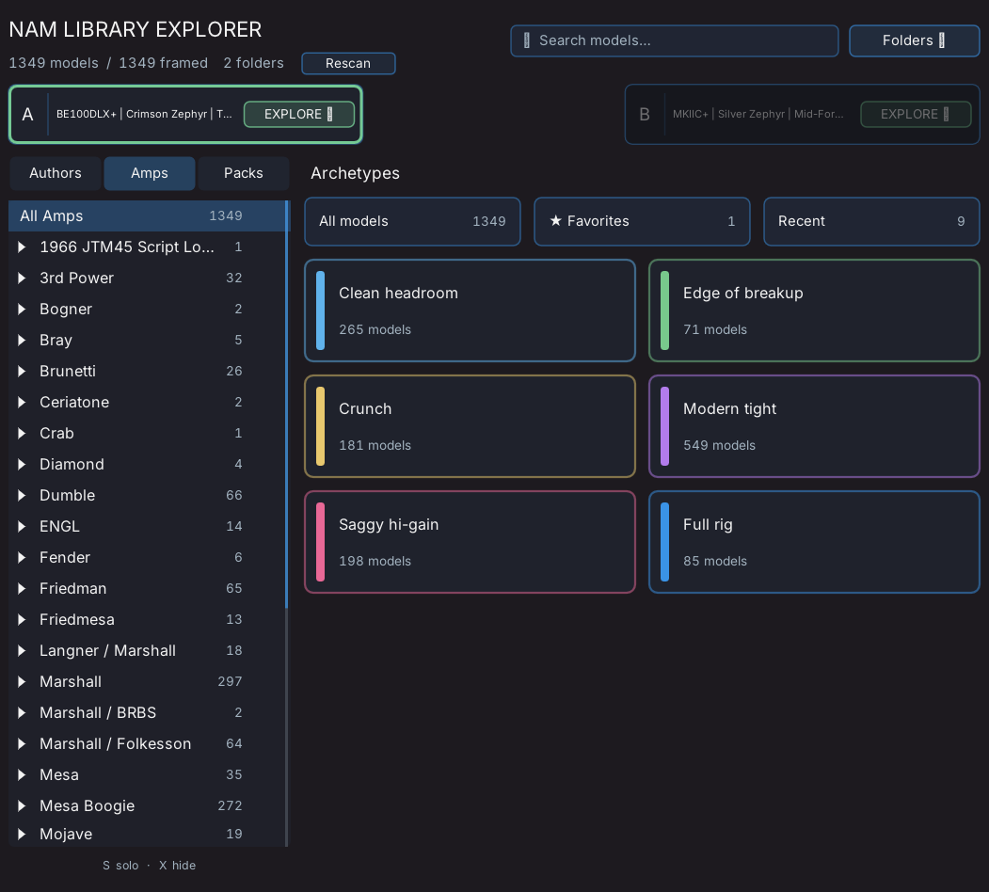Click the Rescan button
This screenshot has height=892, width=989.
[348, 63]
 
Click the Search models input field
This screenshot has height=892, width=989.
[674, 40]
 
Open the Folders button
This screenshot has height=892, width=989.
[914, 40]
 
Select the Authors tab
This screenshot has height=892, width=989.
[55, 173]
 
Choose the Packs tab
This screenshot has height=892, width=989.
[244, 173]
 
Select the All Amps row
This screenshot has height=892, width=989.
[148, 215]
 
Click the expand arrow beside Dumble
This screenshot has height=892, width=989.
[22, 495]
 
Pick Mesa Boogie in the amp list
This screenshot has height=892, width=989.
[87, 805]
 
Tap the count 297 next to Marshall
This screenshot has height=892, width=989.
[230, 681]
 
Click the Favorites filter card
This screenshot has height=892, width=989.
[642, 221]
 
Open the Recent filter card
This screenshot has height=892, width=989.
[871, 221]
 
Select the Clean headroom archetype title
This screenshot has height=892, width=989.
[398, 293]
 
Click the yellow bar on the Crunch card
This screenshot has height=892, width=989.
[321, 426]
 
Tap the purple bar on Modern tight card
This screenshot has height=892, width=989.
[664, 426]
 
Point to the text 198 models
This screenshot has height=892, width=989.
[375, 561]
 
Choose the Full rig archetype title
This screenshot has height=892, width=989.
[708, 524]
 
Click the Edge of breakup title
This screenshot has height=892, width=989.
[743, 293]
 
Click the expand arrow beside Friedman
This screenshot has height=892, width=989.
[22, 589]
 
